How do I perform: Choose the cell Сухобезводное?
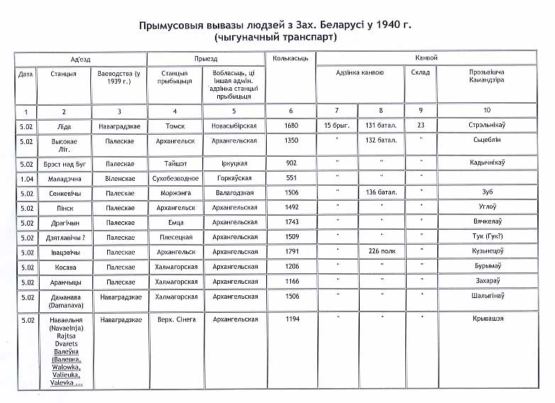[x=174, y=178]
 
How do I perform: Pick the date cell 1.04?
[x=26, y=178]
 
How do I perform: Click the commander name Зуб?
[x=486, y=192]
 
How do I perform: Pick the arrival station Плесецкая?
[x=174, y=236]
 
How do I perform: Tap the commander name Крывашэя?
[x=486, y=319]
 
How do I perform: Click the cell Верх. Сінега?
[x=174, y=319]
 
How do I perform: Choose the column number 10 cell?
[x=486, y=111]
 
